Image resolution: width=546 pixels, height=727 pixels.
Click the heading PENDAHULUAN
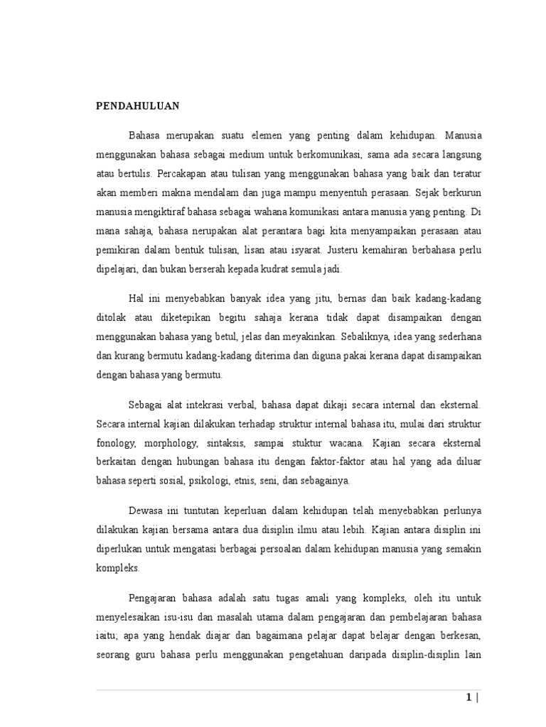point(138,106)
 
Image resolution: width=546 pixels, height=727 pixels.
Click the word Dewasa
point(146,511)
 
